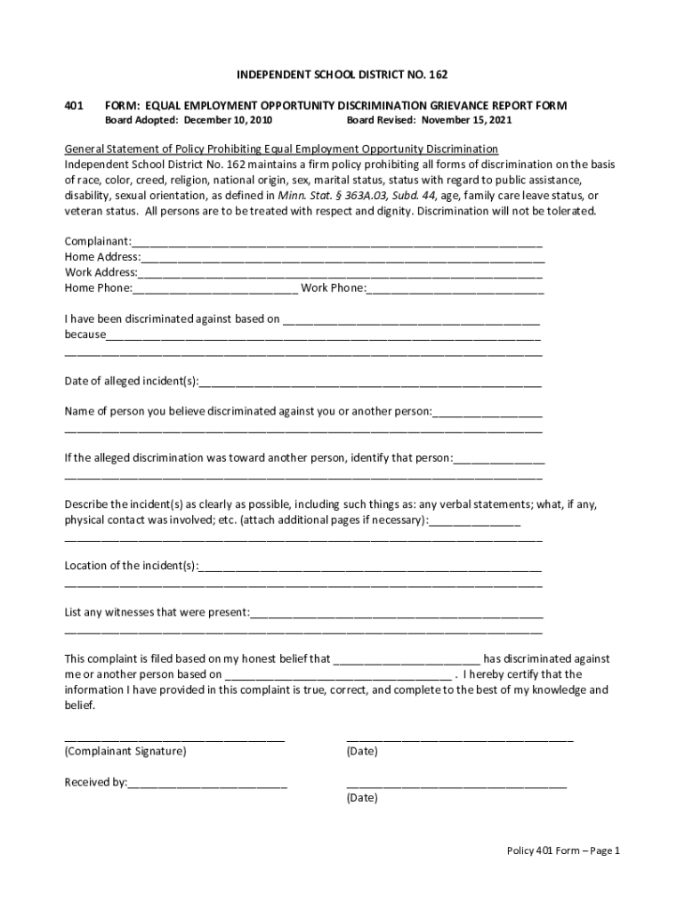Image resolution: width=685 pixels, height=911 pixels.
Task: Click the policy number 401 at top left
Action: (x=74, y=105)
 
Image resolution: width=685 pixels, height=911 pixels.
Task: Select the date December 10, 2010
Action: (x=227, y=119)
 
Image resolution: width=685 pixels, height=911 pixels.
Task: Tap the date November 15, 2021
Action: (x=466, y=119)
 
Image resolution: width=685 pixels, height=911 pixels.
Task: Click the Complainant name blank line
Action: (x=337, y=243)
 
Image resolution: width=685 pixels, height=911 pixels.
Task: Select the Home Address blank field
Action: (x=342, y=258)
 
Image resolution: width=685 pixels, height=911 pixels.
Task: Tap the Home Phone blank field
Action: (x=215, y=288)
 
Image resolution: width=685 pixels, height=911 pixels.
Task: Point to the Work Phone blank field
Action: (x=455, y=288)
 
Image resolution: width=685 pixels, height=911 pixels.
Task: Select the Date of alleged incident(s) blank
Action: (x=370, y=383)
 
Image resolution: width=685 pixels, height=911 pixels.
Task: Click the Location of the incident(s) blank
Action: (x=370, y=567)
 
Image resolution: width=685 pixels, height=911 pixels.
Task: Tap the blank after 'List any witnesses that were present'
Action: (x=397, y=613)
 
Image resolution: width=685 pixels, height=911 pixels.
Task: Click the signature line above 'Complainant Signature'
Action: (x=174, y=737)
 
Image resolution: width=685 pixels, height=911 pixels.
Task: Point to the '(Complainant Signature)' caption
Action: (x=125, y=752)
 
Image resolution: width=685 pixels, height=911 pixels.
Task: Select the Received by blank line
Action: (x=207, y=784)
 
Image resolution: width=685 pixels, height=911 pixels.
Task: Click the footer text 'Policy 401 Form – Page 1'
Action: (x=562, y=851)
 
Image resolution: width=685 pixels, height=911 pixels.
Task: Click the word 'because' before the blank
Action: (x=85, y=335)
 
